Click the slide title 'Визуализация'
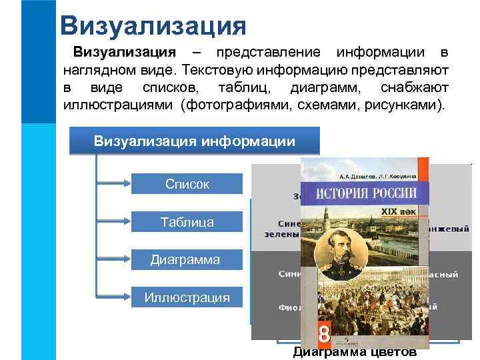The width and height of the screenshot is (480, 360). pyautogui.click(x=153, y=25)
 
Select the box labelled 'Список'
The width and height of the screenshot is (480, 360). pyautogui.click(x=187, y=184)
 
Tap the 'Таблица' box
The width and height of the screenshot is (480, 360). pyautogui.click(x=187, y=222)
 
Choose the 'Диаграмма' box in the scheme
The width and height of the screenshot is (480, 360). pyautogui.click(x=185, y=259)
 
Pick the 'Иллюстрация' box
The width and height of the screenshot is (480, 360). pyautogui.click(x=187, y=297)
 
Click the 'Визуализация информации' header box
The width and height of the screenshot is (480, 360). pyautogui.click(x=194, y=141)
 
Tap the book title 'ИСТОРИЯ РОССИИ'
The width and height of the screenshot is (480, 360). pyautogui.click(x=366, y=194)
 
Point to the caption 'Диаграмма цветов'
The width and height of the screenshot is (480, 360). pyautogui.click(x=355, y=353)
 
